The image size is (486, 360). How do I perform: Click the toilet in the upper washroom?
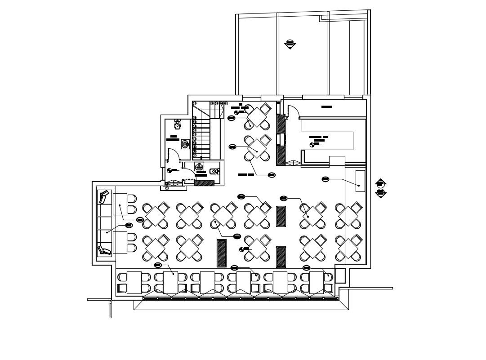[178, 124]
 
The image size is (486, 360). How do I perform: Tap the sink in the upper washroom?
[185, 144]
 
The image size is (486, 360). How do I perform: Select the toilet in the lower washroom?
[214, 171]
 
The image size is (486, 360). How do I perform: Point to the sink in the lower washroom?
[199, 167]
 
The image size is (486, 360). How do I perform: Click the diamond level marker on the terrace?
[290, 44]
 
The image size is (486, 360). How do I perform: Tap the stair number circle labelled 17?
[194, 103]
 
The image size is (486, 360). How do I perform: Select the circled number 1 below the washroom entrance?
[167, 188]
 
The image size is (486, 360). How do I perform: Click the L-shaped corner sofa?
[104, 222]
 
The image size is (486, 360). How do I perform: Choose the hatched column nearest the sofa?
[221, 253]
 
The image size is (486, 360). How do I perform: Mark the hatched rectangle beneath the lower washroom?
[204, 183]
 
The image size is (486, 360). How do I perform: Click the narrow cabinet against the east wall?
[360, 181]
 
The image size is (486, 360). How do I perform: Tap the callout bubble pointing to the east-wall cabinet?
[325, 179]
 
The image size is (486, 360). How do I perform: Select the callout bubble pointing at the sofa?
[129, 225]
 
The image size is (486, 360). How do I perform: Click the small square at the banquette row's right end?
[340, 276]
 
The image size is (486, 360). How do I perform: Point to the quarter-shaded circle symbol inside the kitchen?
[312, 145]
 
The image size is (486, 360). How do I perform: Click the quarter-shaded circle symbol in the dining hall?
[242, 249]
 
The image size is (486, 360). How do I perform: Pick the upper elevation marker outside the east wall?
[380, 183]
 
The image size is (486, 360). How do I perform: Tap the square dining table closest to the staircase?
[257, 117]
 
